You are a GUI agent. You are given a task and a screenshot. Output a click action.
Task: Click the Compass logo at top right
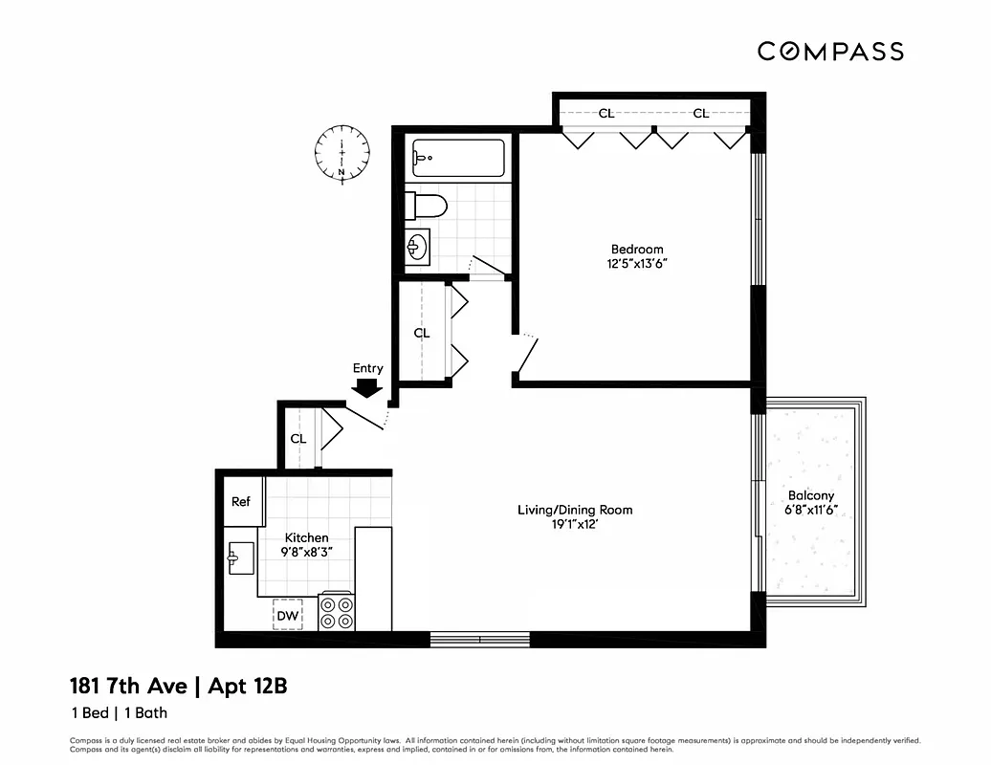(x=830, y=51)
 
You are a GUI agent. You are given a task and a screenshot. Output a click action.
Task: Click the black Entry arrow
(x=367, y=387)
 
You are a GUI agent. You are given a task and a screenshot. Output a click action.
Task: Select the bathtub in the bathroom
(x=457, y=158)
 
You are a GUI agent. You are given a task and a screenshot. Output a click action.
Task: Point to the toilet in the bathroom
(x=427, y=206)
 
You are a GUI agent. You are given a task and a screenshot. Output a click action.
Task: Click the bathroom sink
(x=417, y=248)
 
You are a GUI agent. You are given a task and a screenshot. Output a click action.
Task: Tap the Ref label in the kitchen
(x=241, y=502)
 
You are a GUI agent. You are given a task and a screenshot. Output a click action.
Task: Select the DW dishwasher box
(x=287, y=615)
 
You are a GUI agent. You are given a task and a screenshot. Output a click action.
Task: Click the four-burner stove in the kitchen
(x=336, y=612)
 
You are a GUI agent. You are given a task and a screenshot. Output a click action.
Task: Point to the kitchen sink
(x=240, y=558)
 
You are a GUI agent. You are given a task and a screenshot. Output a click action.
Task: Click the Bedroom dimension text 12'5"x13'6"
(x=637, y=264)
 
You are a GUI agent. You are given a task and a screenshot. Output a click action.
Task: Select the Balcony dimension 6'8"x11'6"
(x=811, y=511)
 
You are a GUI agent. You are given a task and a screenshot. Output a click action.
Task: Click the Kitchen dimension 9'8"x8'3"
(x=306, y=553)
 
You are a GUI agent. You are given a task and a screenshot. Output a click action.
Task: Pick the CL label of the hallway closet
(x=422, y=333)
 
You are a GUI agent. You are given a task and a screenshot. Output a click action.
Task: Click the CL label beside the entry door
(x=298, y=439)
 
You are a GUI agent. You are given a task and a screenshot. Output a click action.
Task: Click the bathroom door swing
(x=488, y=267)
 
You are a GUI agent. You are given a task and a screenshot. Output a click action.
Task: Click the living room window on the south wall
(x=479, y=639)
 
